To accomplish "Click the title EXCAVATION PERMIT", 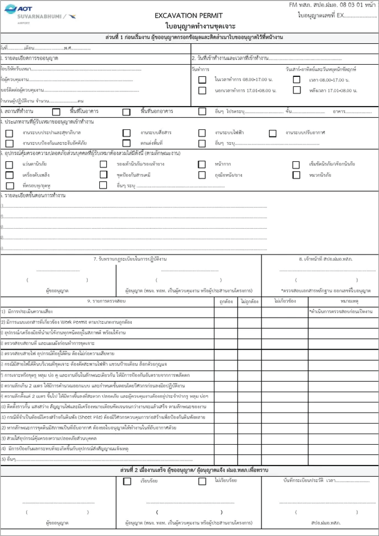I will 189,16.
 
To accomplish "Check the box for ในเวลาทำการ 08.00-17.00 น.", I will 202,80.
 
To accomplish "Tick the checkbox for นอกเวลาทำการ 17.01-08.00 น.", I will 202,91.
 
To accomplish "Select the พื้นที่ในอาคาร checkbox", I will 56,112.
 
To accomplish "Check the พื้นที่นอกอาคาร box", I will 127,112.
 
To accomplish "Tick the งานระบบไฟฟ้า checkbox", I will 202,133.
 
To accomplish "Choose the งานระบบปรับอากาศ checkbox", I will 273,133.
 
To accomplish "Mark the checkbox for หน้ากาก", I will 202,164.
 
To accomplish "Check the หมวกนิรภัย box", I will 296,175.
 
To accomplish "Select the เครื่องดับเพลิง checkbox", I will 9,175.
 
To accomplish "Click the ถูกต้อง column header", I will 226,301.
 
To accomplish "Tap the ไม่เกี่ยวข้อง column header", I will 285,301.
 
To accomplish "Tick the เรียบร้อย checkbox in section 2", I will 127,481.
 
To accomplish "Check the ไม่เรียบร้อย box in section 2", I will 202,481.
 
